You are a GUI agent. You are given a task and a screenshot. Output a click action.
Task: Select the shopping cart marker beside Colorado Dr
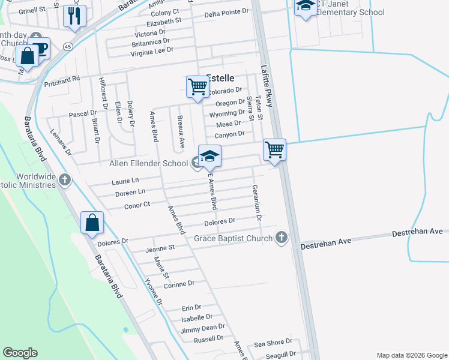[197, 86]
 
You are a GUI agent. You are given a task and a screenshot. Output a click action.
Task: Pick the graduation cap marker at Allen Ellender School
[209, 156]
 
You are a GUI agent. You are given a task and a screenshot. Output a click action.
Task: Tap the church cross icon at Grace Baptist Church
[280, 238]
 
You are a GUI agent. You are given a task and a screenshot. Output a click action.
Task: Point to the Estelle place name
[220, 77]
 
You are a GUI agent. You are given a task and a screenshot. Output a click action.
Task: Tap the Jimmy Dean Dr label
[203, 328]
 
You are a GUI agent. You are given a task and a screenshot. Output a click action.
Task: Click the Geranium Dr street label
[257, 198]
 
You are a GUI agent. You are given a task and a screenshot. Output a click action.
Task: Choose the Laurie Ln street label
[125, 180]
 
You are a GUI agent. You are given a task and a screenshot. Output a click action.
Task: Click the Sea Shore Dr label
[273, 343]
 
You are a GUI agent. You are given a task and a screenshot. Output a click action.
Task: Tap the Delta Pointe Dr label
[226, 13]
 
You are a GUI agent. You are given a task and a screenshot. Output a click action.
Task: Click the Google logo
[20, 353]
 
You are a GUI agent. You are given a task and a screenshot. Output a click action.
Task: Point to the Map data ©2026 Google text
[411, 355]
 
